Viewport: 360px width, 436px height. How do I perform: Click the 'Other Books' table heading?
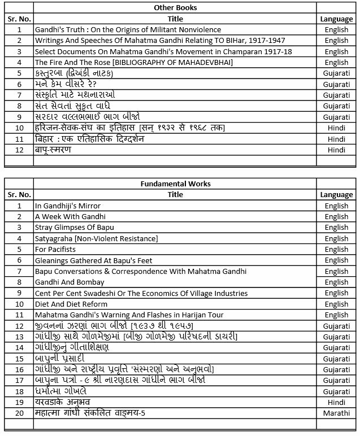point(175,8)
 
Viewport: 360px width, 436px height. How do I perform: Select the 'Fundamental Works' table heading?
point(175,184)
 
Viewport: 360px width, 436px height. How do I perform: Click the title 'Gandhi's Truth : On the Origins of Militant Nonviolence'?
point(128,29)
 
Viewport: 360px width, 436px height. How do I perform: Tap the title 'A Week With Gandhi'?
point(70,216)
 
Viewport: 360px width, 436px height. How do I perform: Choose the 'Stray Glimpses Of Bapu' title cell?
point(75,228)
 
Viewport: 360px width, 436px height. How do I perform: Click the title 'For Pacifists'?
point(55,249)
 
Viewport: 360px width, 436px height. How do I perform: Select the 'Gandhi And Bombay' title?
point(70,282)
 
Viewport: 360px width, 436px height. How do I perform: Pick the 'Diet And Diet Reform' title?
point(72,304)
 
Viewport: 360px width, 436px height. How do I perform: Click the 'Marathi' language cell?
point(336,413)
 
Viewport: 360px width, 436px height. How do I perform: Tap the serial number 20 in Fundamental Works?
point(19,413)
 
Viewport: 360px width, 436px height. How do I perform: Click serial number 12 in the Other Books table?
point(19,150)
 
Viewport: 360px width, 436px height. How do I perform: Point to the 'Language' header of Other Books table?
point(336,19)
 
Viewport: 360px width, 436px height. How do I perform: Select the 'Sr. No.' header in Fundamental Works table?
point(19,194)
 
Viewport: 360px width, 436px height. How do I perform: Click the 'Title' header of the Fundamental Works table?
point(175,194)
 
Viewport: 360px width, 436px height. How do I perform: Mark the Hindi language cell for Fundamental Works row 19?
point(336,402)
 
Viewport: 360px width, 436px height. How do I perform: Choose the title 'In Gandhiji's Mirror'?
point(68,206)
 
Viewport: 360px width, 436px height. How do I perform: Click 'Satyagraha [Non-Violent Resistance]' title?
point(97,238)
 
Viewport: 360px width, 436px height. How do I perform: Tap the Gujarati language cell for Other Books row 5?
point(336,73)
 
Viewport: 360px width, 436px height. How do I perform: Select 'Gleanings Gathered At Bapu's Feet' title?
point(93,260)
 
